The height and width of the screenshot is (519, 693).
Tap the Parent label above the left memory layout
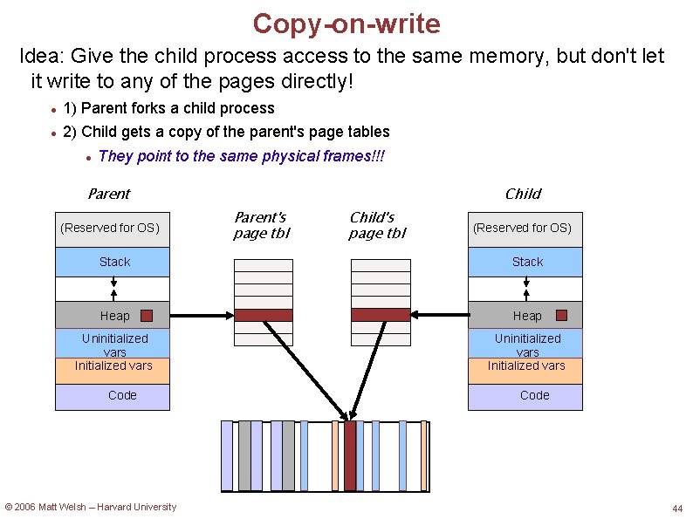coord(108,194)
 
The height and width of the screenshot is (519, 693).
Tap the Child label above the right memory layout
coord(523,194)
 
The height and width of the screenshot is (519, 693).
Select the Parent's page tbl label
coord(261,225)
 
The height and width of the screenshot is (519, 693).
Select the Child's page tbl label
coord(377,225)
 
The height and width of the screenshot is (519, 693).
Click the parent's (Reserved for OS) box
coord(113,228)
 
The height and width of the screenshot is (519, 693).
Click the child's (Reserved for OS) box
coord(525,228)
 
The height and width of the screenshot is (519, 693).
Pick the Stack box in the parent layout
coord(113,262)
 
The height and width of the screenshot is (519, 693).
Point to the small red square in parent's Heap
coord(147,316)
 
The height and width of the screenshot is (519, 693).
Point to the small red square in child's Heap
coord(561,316)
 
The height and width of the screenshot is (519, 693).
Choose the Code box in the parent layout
coord(113,396)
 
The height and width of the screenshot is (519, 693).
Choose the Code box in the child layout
coord(525,396)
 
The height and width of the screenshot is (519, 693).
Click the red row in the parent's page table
coord(264,315)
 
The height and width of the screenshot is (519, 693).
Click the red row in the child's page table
coord(380,315)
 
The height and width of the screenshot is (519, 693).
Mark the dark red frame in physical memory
coord(350,456)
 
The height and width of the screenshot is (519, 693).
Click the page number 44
coord(677,509)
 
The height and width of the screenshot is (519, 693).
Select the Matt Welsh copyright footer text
coord(91,507)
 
